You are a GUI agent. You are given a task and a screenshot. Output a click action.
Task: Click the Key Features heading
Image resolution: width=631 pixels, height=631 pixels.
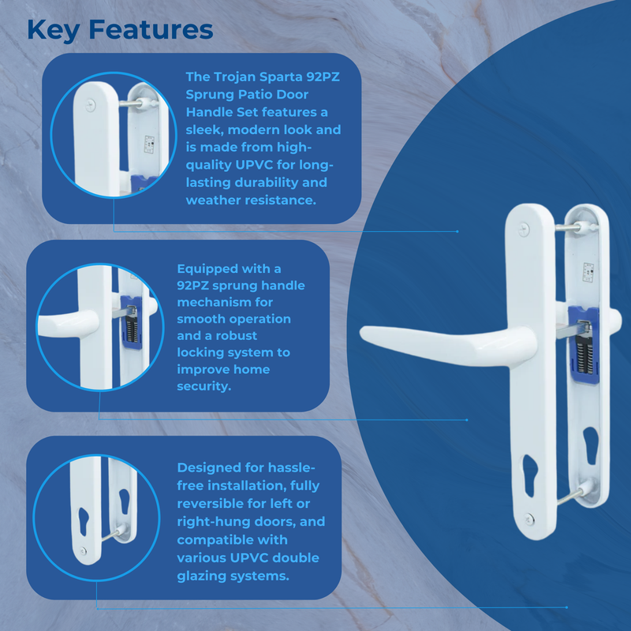120,30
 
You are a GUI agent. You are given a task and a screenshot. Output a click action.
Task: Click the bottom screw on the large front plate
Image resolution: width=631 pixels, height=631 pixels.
527,517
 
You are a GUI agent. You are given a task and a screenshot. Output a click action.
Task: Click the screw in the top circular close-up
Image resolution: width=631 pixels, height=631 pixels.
93,101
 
